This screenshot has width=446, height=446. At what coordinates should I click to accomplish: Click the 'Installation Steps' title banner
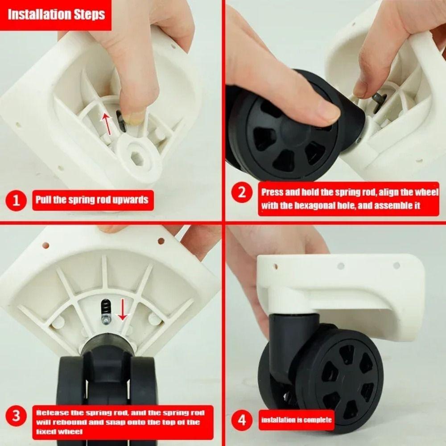coord(56,14)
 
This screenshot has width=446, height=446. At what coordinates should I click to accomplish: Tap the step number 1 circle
coord(17,199)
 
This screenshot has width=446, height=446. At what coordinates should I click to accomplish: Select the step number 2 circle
coord(242,193)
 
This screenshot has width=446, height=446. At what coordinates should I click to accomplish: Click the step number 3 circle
coord(17,417)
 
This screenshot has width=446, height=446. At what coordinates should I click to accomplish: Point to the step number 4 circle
coord(242,420)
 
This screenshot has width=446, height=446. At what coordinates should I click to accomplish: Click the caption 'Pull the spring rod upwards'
coord(92,199)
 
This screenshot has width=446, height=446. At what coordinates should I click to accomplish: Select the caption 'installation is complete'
coord(296,420)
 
